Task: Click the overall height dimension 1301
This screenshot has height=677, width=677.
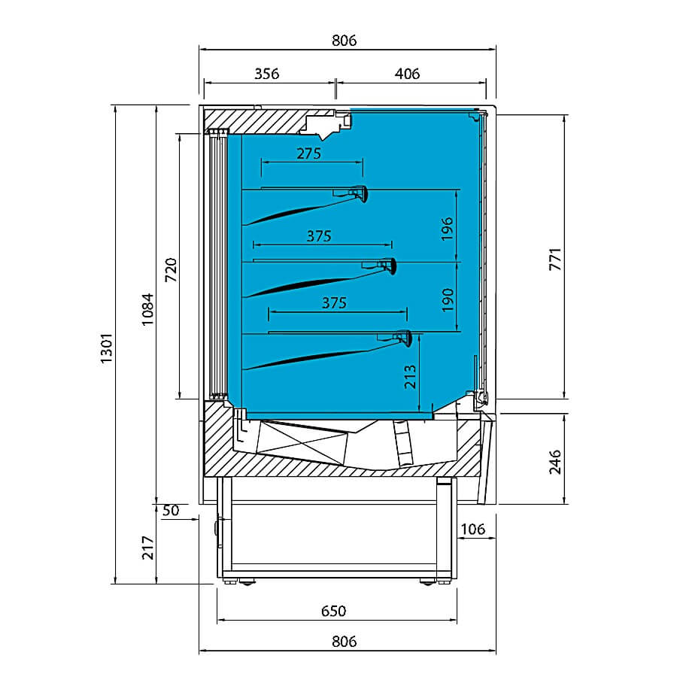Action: pyautogui.click(x=106, y=348)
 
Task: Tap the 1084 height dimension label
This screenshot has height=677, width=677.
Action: pyautogui.click(x=147, y=309)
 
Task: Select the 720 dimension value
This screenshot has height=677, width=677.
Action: pyautogui.click(x=172, y=270)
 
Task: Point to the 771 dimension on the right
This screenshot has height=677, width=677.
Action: pyautogui.click(x=555, y=260)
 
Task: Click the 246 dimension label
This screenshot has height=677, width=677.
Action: pyautogui.click(x=555, y=462)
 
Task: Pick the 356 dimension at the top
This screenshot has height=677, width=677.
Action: pyautogui.click(x=267, y=74)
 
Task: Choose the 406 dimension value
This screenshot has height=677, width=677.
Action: pyautogui.click(x=407, y=74)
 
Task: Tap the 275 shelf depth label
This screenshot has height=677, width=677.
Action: pyautogui.click(x=309, y=153)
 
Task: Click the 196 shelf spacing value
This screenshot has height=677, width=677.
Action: pyautogui.click(x=448, y=229)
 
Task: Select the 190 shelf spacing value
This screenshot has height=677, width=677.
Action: pyautogui.click(x=448, y=300)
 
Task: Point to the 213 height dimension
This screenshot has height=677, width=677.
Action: pyautogui.click(x=410, y=377)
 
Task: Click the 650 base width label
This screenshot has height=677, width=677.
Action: pyautogui.click(x=334, y=611)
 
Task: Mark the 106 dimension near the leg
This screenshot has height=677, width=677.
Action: pyautogui.click(x=473, y=529)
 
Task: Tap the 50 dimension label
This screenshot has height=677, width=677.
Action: pyautogui.click(x=171, y=511)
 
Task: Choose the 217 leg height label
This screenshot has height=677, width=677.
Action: pyautogui.click(x=147, y=548)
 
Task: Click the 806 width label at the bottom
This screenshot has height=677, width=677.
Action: pyautogui.click(x=344, y=642)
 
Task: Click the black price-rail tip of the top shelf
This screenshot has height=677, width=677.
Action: pyautogui.click(x=364, y=195)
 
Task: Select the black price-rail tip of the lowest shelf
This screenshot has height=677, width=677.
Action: pyautogui.click(x=408, y=339)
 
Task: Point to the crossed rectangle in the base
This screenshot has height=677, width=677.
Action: pyautogui.click(x=302, y=442)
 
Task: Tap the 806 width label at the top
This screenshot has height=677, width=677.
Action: pyautogui.click(x=344, y=41)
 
